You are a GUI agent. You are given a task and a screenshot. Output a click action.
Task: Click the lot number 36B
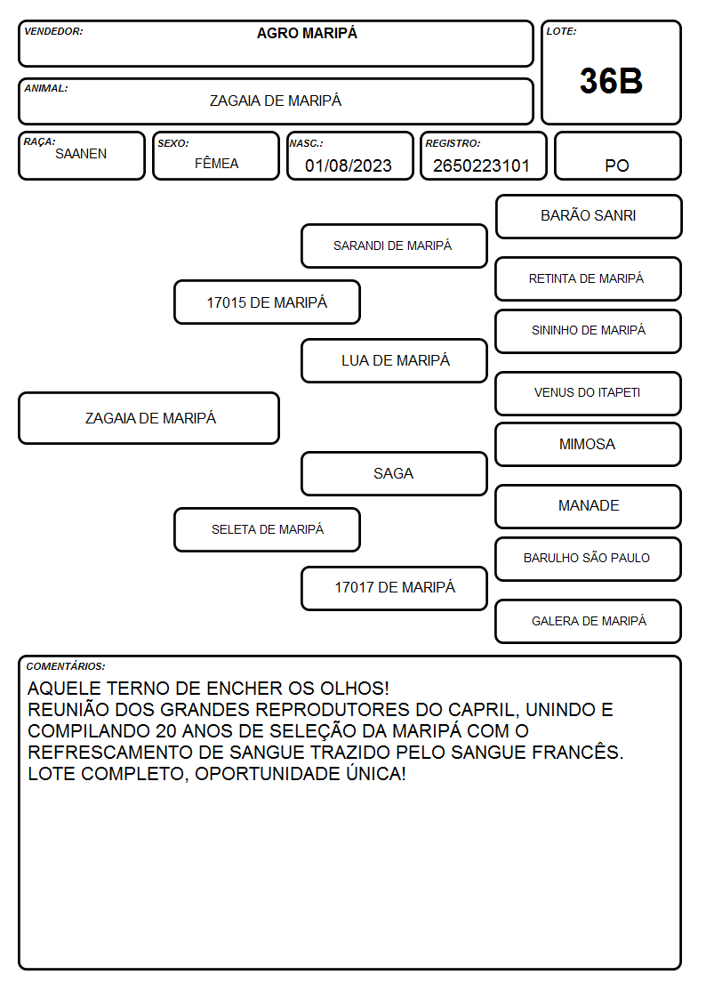pos(611,82)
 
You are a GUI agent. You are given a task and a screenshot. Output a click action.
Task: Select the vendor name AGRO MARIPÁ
pos(307,33)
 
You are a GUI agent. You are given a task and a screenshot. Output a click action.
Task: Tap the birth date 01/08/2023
pos(349,165)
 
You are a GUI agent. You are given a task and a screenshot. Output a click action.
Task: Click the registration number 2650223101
pos(481,165)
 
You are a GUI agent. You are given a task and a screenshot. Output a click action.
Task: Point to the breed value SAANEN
pos(81,154)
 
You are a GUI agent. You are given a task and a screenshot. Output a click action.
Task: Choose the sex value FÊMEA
pos(216,163)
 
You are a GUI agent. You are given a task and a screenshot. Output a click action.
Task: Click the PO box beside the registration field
pos(617,156)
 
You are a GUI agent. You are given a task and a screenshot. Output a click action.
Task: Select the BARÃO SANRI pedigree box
pos(589,217)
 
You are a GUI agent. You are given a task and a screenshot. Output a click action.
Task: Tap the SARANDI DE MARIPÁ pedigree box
pos(394,246)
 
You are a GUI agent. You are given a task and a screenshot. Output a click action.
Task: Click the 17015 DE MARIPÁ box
pos(268,302)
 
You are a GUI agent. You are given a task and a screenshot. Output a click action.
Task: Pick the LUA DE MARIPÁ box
pos(394,360)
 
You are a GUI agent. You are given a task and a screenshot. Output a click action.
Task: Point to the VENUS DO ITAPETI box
pos(589,393)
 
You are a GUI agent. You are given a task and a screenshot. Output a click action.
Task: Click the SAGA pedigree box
pos(394,473)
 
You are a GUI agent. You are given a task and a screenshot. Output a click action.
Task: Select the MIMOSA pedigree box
pos(589,444)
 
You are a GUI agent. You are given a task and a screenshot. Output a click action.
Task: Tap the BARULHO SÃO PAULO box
pos(589,559)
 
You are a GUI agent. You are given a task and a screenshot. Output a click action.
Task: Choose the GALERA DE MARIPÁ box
pos(589,621)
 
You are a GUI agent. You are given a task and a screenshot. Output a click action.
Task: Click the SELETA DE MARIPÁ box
pos(268,529)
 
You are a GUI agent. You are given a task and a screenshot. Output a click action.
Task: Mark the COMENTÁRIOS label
pos(66,666)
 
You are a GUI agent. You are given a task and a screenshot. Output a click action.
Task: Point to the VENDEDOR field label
pos(53,31)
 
